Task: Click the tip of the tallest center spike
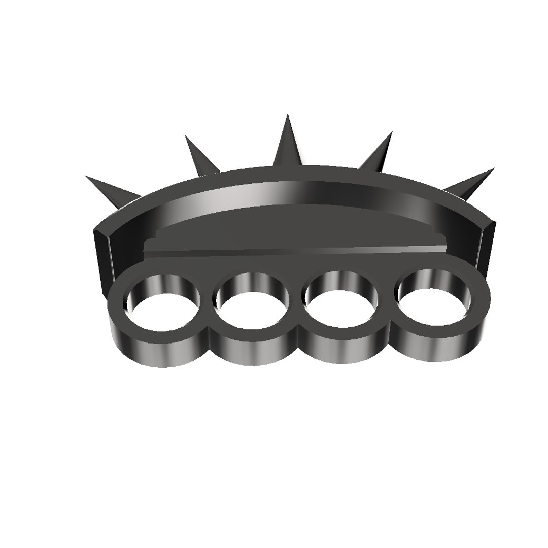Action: coord(288,116)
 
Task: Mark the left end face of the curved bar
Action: coord(101,251)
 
